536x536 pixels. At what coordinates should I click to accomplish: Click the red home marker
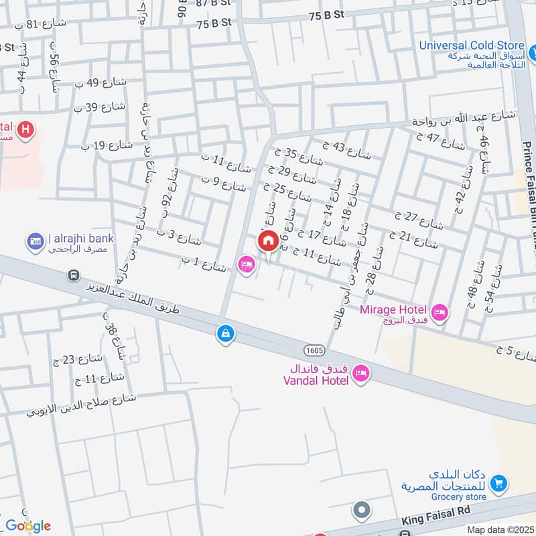(x=268, y=242)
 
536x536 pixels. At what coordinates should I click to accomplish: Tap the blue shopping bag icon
(x=226, y=332)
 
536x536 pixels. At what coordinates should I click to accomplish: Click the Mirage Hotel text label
(x=393, y=310)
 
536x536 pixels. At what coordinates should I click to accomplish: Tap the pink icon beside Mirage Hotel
(x=440, y=312)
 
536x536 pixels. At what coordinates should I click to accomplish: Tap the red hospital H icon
(x=25, y=129)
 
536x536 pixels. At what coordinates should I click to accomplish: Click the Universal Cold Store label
(x=472, y=46)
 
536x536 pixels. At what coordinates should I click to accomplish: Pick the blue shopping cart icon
(x=498, y=482)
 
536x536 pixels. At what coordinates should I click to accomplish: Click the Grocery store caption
(x=459, y=497)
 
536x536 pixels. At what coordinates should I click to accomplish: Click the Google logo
(x=27, y=525)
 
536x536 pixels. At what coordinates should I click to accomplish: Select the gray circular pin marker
(x=362, y=511)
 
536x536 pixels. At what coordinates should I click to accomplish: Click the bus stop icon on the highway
(x=73, y=275)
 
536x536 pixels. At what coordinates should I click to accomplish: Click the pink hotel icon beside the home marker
(x=247, y=265)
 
